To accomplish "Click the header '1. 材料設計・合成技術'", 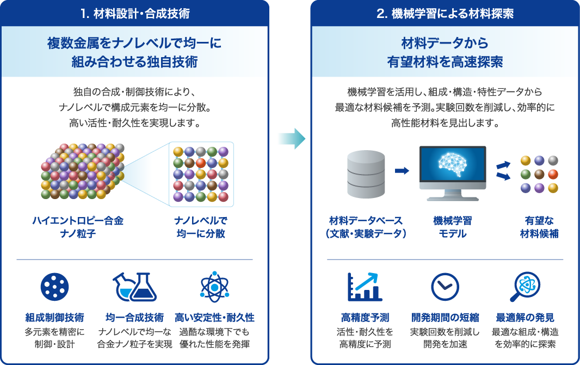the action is pyautogui.click(x=134, y=14).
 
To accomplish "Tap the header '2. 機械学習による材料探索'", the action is pyautogui.click(x=445, y=14).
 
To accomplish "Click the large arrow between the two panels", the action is pyautogui.click(x=292, y=139).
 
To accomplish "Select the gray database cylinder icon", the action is pyautogui.click(x=366, y=174).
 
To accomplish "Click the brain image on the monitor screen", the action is pyautogui.click(x=452, y=163).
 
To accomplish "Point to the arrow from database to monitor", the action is pyautogui.click(x=402, y=170).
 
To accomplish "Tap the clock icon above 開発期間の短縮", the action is pyautogui.click(x=445, y=287).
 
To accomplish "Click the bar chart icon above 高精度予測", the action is pyautogui.click(x=365, y=287).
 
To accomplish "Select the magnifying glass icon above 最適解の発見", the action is pyautogui.click(x=525, y=287).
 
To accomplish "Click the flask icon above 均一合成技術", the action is pyautogui.click(x=134, y=287).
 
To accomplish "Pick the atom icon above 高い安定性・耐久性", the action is pyautogui.click(x=214, y=287).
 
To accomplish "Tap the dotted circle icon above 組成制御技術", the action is pyautogui.click(x=55, y=287).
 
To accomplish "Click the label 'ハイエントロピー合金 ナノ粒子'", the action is pyautogui.click(x=78, y=227).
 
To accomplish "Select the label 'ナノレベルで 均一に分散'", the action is pyautogui.click(x=201, y=227).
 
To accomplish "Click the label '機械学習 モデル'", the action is pyautogui.click(x=452, y=227).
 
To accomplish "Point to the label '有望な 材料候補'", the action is pyautogui.click(x=539, y=227).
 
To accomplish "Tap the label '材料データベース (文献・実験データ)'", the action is pyautogui.click(x=366, y=227).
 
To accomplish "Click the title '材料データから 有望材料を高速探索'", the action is pyautogui.click(x=445, y=52).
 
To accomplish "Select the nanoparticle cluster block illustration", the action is pyautogui.click(x=83, y=171).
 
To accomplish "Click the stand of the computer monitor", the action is pyautogui.click(x=452, y=195).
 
